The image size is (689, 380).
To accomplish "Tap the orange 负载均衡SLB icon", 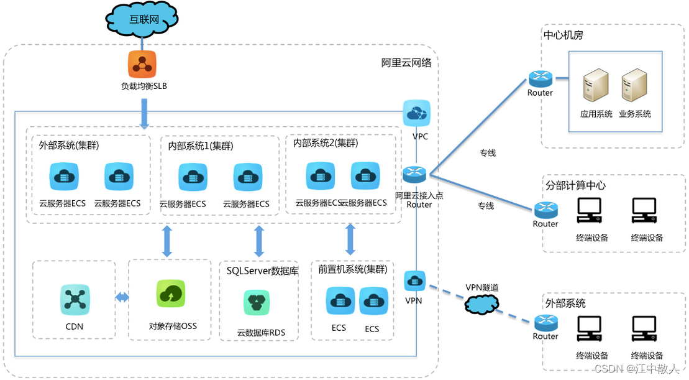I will click(142, 64).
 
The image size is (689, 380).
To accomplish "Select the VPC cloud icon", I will click(416, 113).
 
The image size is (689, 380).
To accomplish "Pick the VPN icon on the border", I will click(414, 282).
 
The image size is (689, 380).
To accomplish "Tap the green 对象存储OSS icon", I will click(171, 294).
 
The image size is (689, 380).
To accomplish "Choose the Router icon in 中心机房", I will click(541, 79).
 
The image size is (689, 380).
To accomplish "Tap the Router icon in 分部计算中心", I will click(545, 210).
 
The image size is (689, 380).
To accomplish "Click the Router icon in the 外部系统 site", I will click(545, 323).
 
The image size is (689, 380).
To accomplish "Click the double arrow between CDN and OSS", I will click(122, 298).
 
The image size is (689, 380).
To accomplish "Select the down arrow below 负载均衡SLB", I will click(144, 114).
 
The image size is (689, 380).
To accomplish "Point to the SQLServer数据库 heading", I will click(262, 271).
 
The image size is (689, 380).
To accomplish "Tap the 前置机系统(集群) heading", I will click(352, 269).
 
